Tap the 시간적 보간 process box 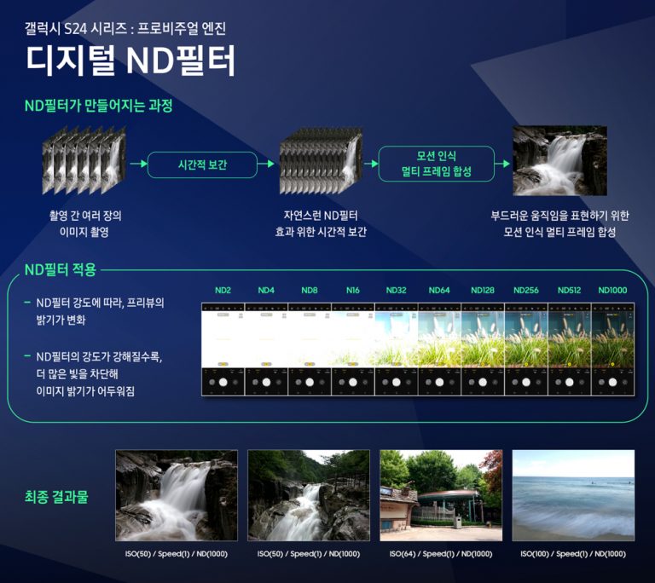coord(202,165)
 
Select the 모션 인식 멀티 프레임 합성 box coord(436,164)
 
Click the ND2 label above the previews coord(223,291)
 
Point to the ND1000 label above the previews coord(612,291)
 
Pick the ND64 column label coord(439,291)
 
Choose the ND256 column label coord(525,291)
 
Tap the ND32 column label coord(396,291)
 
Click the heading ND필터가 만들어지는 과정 coord(99,107)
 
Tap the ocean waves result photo coord(573,495)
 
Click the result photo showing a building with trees coord(441,495)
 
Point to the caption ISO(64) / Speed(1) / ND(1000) coord(441,554)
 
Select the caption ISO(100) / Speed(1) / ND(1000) coord(573,554)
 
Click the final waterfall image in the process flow coord(559,162)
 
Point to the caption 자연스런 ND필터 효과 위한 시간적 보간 coord(325,223)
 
